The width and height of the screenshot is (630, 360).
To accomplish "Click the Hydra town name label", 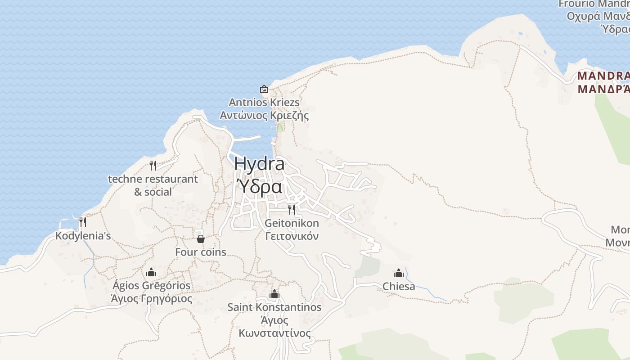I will [259, 164].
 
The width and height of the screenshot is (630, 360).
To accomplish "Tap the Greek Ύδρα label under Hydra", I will [259, 186].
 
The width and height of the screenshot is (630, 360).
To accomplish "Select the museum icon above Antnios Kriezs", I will [264, 89].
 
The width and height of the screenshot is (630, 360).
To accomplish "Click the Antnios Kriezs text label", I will [264, 103].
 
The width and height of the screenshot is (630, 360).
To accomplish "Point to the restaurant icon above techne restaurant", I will [153, 166].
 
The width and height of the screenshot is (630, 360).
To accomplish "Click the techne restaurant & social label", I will [153, 185].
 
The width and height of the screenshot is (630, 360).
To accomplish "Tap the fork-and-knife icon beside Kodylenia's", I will [82, 222].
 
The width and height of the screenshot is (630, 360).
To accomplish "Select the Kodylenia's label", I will [83, 236].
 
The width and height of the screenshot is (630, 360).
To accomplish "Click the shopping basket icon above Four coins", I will [201, 238].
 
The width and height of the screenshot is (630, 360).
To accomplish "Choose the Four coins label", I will [201, 252].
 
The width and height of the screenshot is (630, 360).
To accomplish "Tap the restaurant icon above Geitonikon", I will [292, 209].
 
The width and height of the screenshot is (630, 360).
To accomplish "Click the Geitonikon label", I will [292, 223].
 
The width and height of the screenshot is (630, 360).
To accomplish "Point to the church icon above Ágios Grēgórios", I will [151, 272].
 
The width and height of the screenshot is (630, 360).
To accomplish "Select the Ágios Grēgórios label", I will [151, 286].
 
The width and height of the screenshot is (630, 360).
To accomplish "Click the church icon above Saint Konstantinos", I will [274, 294].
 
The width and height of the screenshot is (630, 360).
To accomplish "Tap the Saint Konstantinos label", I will [274, 307].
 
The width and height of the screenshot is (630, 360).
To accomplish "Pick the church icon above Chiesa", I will [399, 273].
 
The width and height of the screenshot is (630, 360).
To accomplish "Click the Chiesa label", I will [399, 286].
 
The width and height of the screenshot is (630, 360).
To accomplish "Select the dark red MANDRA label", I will [603, 76].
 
